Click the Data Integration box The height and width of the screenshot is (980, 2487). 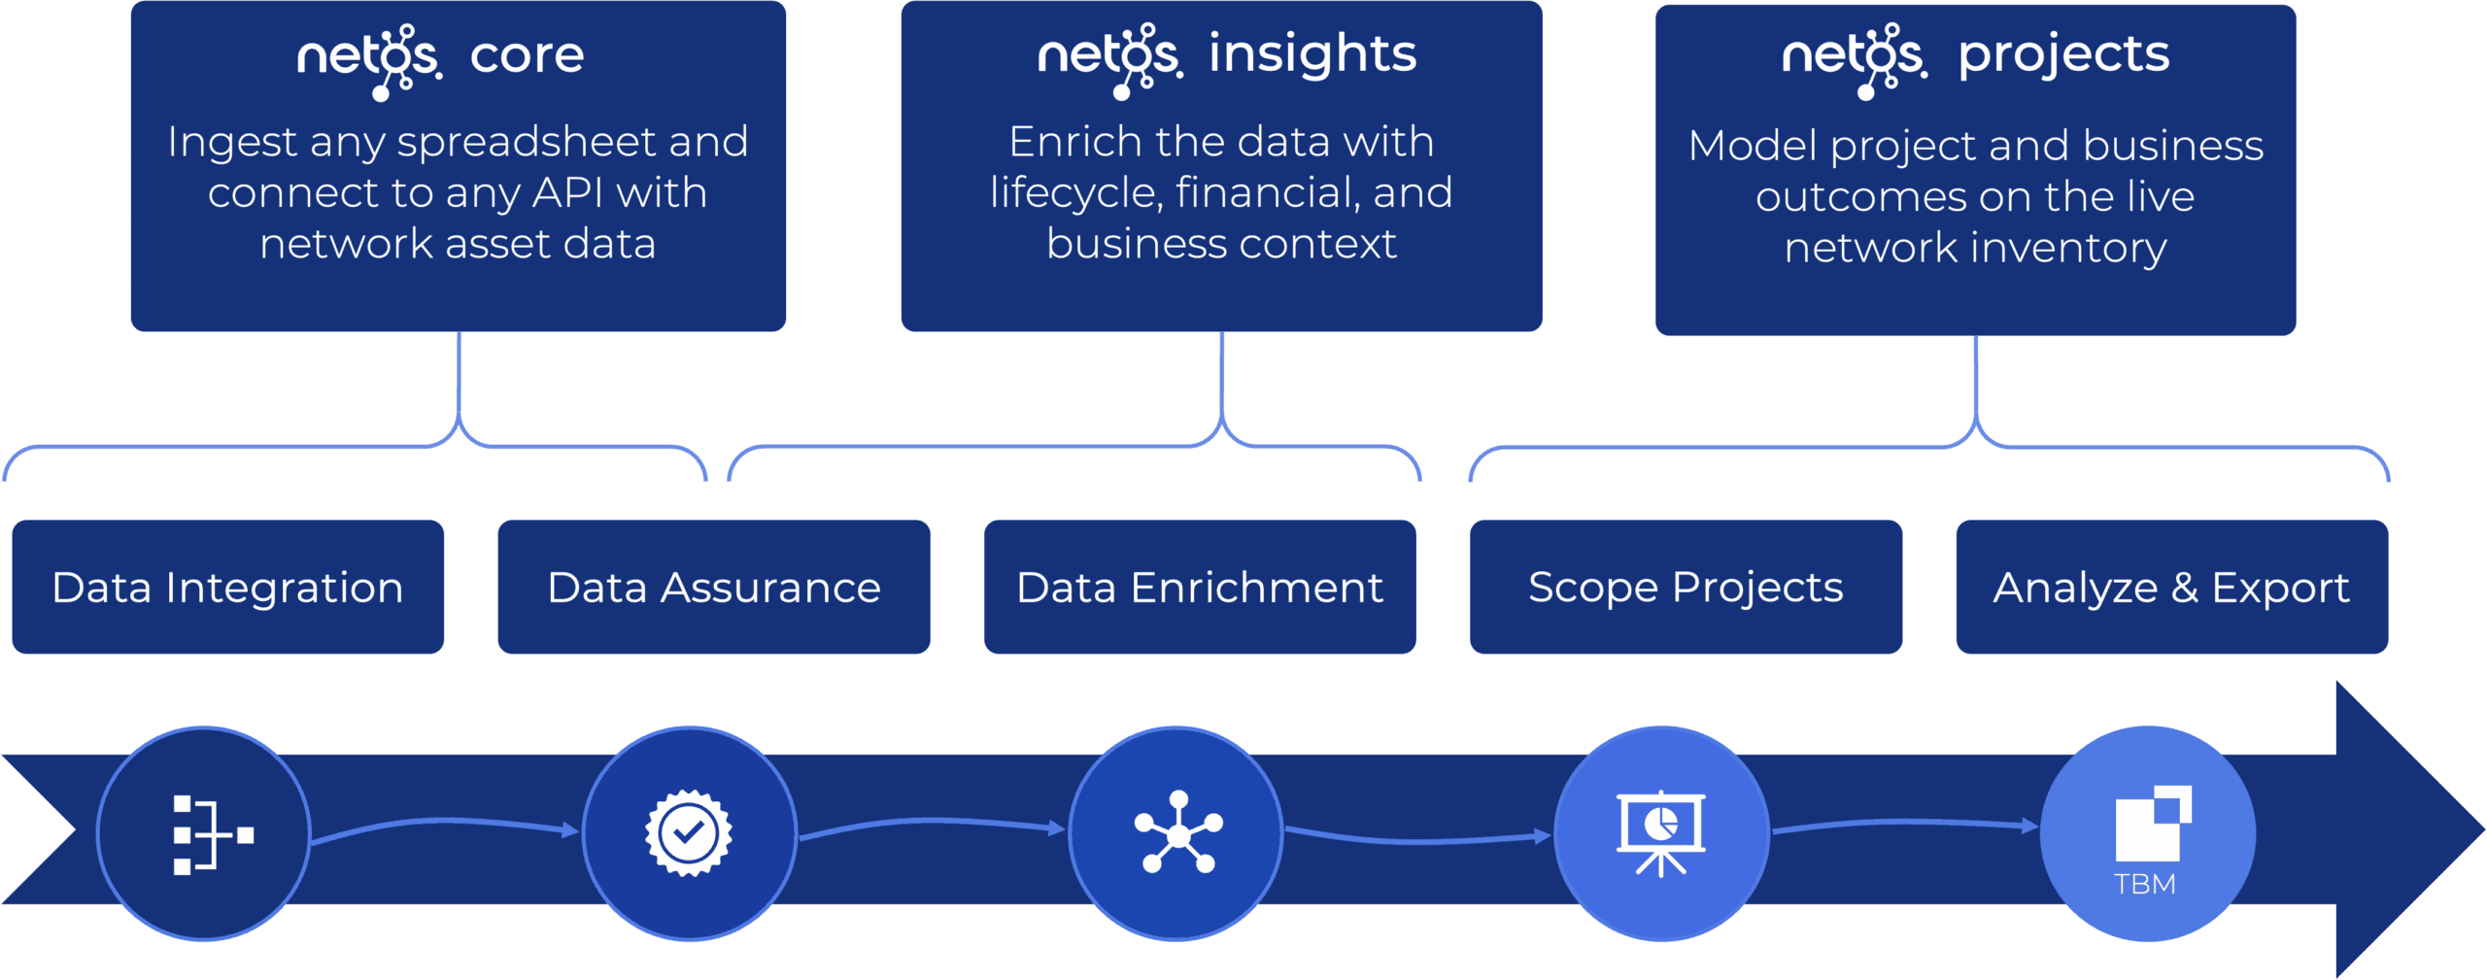[x=227, y=588]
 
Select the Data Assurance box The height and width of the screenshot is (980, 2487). [x=713, y=588]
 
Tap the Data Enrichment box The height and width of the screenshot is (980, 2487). [x=1200, y=588]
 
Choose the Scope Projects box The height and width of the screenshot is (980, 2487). [x=1686, y=588]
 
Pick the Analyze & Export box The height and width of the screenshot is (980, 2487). [x=2171, y=588]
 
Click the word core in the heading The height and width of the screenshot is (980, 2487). [x=528, y=56]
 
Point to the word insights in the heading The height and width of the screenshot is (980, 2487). [x=1312, y=54]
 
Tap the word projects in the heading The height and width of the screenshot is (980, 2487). [x=2063, y=56]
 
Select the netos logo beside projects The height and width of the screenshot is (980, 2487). [x=1854, y=58]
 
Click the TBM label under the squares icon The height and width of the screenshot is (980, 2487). [x=2145, y=885]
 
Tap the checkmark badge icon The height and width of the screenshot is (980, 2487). [x=689, y=833]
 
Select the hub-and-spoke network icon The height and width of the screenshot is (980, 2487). [x=1177, y=832]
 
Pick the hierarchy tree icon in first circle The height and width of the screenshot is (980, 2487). [x=212, y=834]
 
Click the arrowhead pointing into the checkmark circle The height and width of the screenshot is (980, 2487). [x=571, y=829]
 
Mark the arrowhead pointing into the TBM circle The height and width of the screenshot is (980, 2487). [x=2029, y=826]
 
